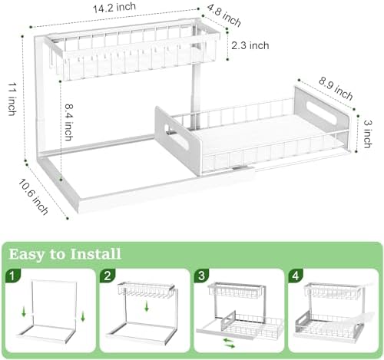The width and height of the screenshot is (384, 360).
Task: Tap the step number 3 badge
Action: (x=202, y=274)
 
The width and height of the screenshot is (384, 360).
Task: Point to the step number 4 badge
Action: (x=295, y=274)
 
